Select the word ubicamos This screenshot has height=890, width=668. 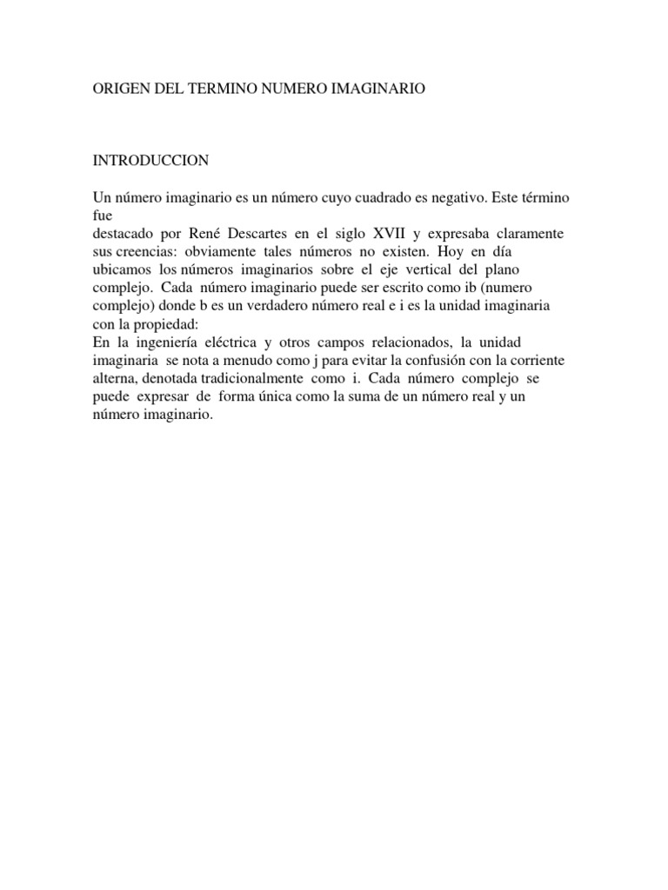tap(122, 271)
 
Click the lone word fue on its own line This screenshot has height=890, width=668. tap(102, 216)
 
